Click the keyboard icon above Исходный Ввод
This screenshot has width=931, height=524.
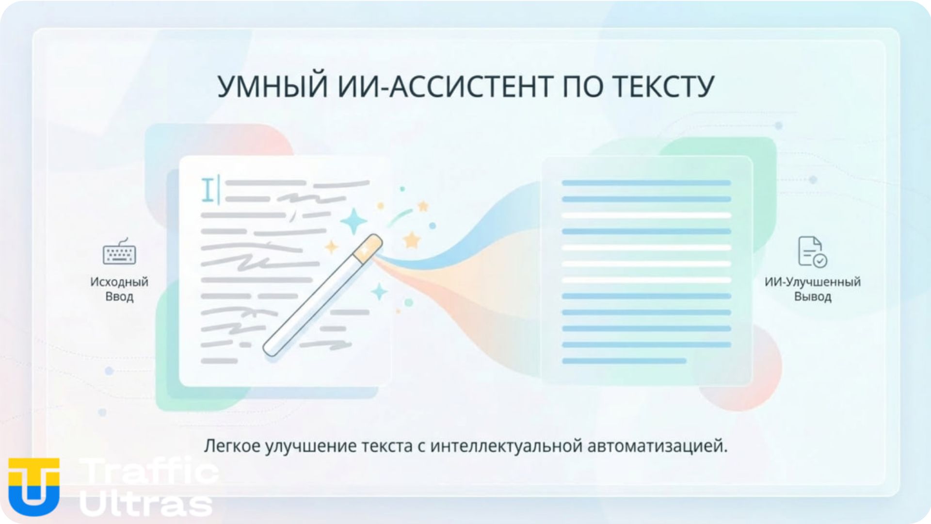pos(119,252)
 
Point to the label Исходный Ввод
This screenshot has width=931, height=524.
pos(119,289)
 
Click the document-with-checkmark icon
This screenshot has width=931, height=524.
pos(812,252)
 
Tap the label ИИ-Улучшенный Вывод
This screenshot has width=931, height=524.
pos(812,289)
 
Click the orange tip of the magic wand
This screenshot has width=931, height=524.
pos(368,247)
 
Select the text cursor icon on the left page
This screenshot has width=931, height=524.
pos(209,190)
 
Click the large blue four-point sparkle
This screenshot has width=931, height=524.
pos(353,222)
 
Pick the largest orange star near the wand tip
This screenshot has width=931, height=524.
pos(411,240)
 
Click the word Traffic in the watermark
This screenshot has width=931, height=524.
pos(148,471)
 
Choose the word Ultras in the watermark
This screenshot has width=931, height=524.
pos(145,504)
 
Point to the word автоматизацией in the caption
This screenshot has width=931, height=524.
pos(657,446)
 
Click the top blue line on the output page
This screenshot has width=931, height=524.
pos(646,183)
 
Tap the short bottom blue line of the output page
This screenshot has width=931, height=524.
pos(624,361)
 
